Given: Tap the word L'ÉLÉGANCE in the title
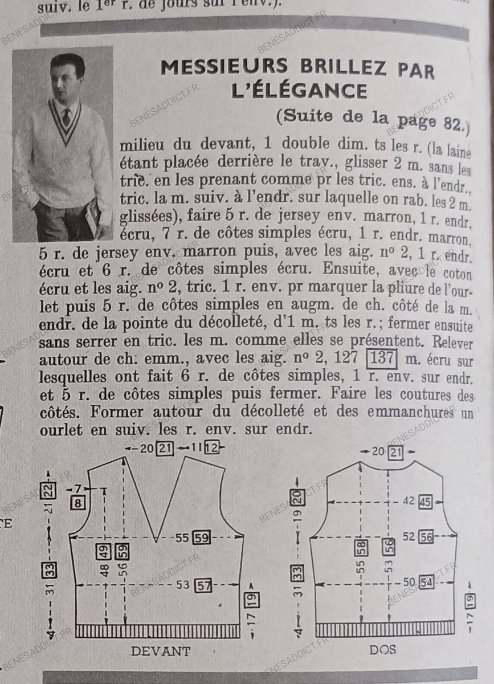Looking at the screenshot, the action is point(299,91).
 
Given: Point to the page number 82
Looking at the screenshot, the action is point(453,124).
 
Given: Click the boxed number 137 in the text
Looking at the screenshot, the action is point(382,358).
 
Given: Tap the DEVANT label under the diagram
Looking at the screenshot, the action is point(161,651).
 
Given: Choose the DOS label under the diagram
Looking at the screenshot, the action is point(382,650).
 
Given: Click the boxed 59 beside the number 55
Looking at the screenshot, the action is point(202,538).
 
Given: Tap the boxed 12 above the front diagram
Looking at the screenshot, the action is point(211,448).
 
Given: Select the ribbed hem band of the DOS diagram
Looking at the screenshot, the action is point(385,629).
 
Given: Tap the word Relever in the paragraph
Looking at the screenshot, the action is point(452,343).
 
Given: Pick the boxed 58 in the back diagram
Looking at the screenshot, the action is point(361,548).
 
